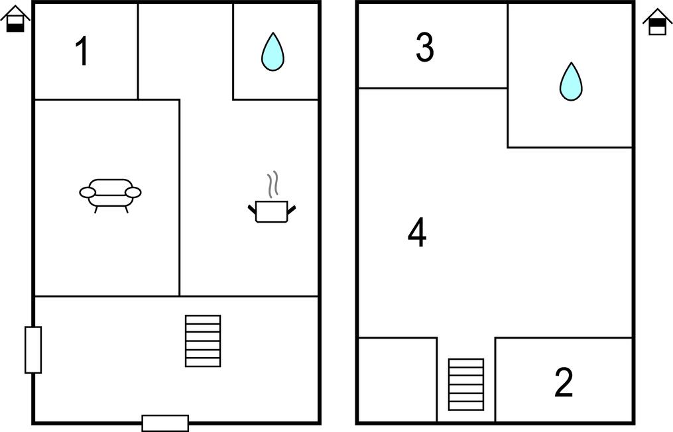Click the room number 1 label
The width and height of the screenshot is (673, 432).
click(82, 51)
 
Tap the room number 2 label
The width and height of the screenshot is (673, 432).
click(564, 382)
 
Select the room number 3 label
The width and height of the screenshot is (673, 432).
click(425, 48)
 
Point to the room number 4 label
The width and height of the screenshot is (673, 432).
click(417, 233)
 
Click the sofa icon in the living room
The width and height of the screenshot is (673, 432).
click(110, 195)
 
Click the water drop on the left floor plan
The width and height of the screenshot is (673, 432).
click(273, 52)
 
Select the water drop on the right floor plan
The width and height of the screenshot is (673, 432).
click(571, 82)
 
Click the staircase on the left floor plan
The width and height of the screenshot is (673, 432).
click(203, 341)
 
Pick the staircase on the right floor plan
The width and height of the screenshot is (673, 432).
click(466, 384)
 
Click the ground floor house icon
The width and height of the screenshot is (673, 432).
click(15, 19)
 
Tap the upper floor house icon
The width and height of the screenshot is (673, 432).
click(658, 21)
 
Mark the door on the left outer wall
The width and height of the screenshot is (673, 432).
click(33, 350)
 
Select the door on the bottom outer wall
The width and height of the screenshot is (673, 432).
click(165, 423)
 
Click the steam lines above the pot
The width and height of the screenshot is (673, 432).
click(273, 184)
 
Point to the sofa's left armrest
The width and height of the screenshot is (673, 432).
click(88, 193)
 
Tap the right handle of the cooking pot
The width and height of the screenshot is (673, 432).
click(292, 210)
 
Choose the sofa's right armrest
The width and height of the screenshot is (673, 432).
click(133, 193)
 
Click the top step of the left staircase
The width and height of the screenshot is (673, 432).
click(203, 319)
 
